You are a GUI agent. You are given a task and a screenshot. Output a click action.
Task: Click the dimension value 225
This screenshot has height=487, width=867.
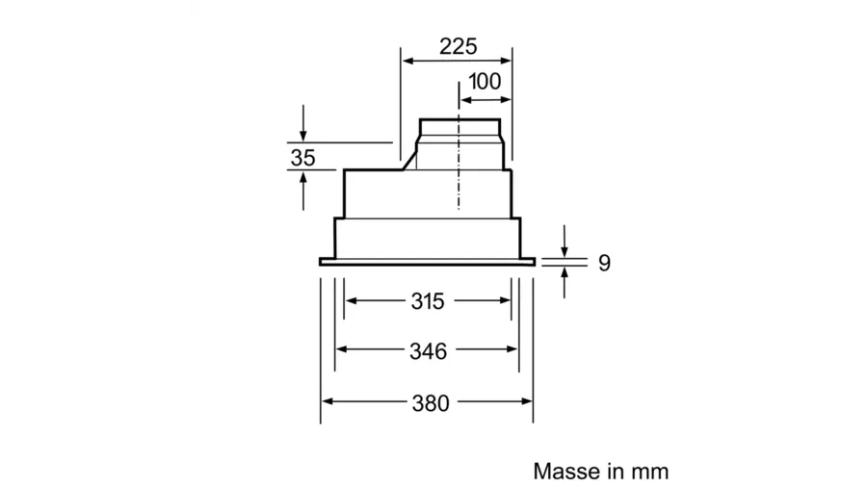point(458,46)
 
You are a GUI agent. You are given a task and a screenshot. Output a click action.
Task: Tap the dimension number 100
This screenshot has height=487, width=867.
point(485,82)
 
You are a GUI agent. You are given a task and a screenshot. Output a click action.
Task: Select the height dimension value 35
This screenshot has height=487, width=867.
point(303,158)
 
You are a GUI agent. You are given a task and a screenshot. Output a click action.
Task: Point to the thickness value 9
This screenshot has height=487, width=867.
point(604,263)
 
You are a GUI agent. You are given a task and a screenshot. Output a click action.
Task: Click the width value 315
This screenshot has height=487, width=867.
point(428,301)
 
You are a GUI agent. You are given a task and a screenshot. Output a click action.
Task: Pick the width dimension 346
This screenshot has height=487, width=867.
point(428,351)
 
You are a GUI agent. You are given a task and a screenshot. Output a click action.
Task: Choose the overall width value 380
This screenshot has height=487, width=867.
point(431,403)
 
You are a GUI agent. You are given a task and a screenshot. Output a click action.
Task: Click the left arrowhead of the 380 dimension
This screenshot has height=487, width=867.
point(328,401)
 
